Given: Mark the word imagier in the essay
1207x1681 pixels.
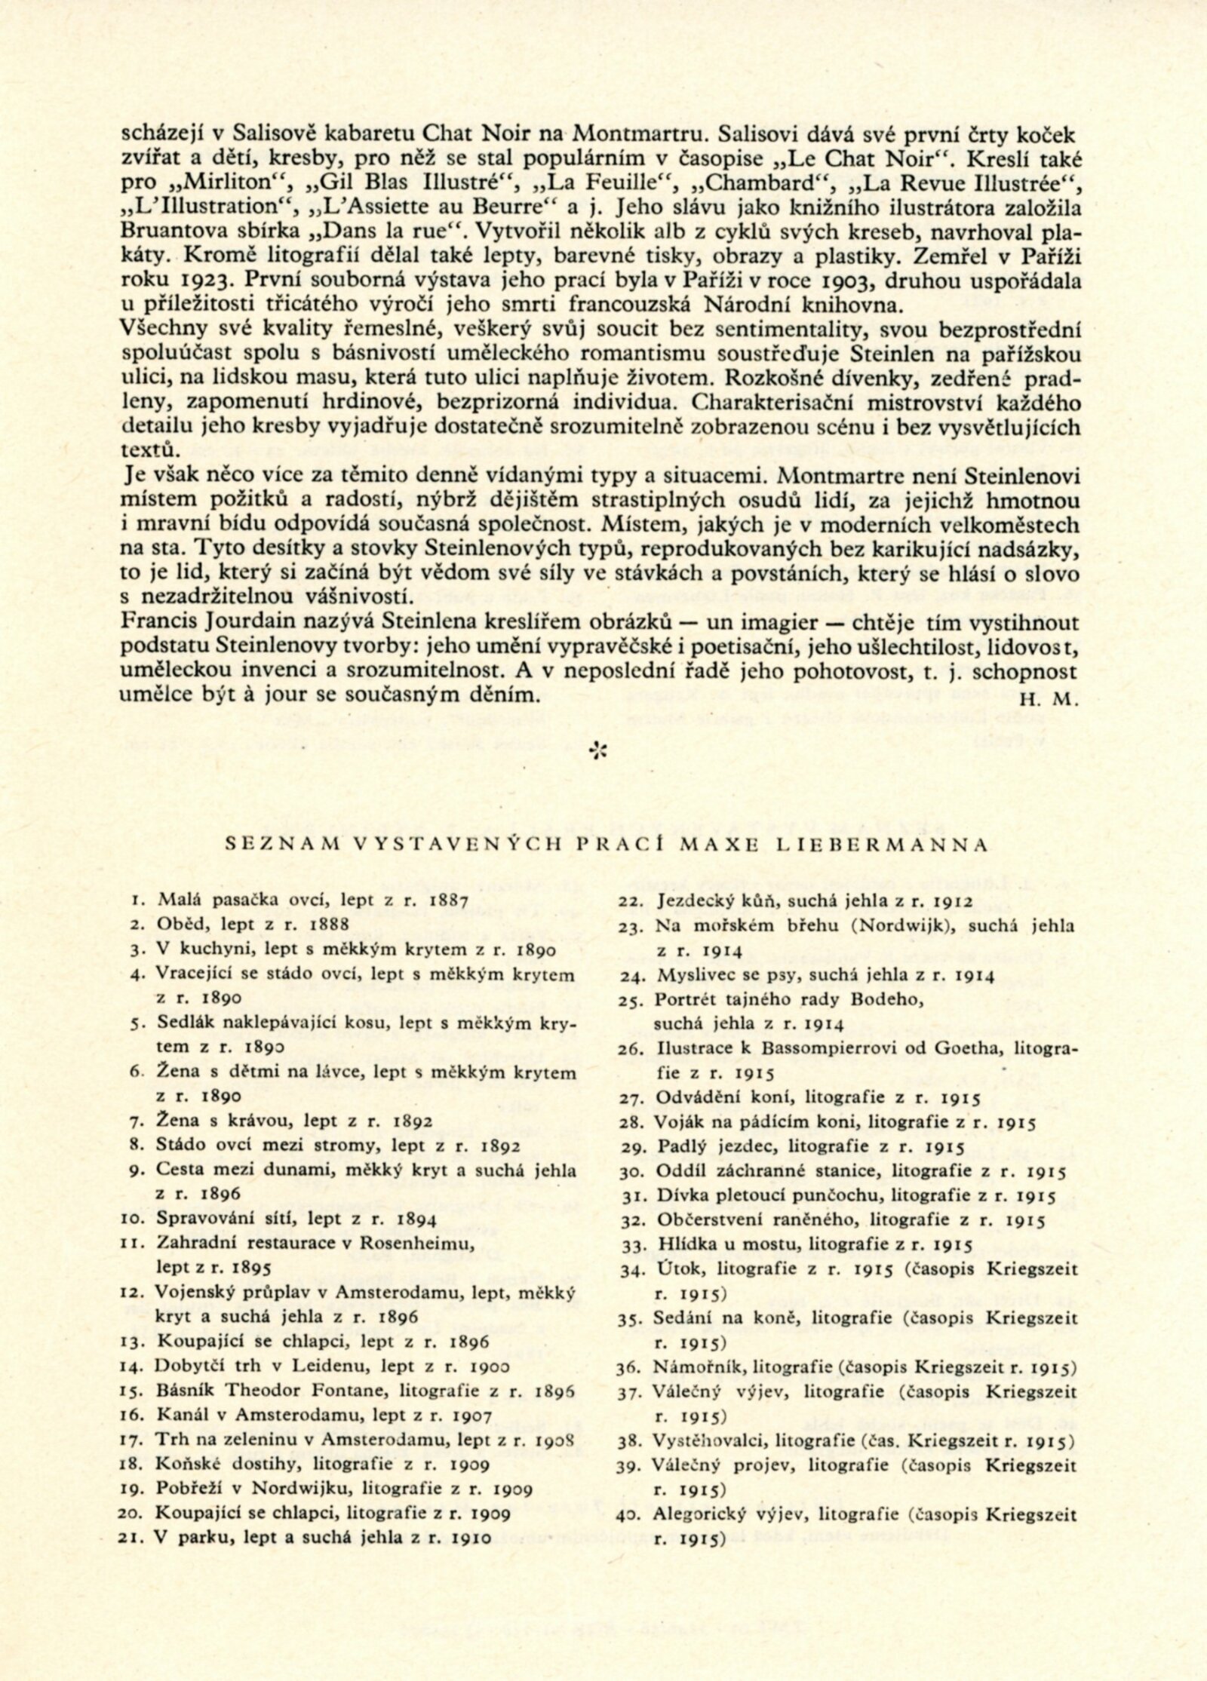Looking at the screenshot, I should pos(769,624).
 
